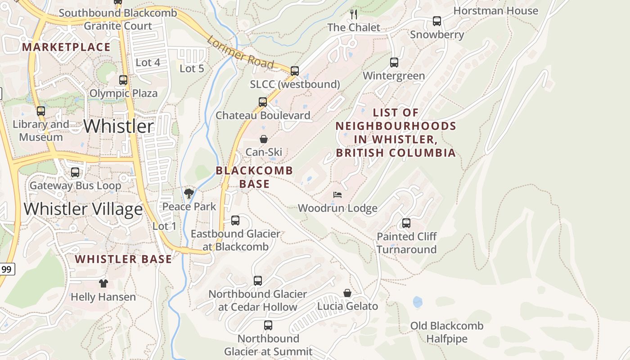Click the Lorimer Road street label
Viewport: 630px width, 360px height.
click(x=240, y=54)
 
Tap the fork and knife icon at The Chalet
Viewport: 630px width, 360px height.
click(x=354, y=14)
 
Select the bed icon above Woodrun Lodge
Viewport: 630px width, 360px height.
click(x=337, y=195)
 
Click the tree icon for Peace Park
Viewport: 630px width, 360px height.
click(x=189, y=193)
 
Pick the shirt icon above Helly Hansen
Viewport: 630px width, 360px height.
click(x=103, y=283)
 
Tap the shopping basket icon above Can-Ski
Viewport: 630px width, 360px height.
click(x=264, y=139)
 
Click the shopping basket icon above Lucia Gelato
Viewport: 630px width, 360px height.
click(x=347, y=293)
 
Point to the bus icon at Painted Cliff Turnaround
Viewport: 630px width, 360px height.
click(x=406, y=223)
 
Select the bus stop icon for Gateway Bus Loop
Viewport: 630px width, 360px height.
click(x=75, y=172)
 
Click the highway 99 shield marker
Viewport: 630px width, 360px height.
click(x=6, y=270)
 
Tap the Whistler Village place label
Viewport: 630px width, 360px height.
click(x=83, y=209)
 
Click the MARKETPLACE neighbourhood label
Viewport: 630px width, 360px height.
click(x=66, y=47)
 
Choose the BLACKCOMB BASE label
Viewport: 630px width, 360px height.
click(x=254, y=177)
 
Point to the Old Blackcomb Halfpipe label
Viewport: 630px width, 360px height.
click(x=447, y=332)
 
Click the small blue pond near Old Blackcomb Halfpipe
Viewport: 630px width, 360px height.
click(x=418, y=301)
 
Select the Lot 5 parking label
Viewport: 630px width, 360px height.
click(x=192, y=69)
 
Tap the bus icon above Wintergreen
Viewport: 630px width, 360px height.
click(x=394, y=63)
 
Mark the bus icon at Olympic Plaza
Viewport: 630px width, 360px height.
click(x=123, y=80)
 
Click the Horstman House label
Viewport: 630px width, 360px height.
click(x=495, y=11)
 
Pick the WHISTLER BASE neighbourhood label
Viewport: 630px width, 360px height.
click(x=123, y=259)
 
